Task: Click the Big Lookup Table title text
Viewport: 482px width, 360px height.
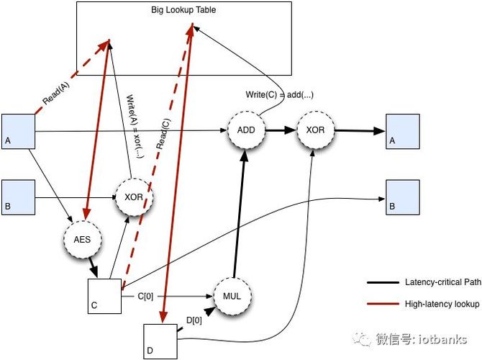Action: point(183,10)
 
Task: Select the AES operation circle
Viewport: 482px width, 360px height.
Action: point(83,239)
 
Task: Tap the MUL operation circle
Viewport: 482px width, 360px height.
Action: point(232,297)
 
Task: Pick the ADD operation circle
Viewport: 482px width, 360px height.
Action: point(246,130)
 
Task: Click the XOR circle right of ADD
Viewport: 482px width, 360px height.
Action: point(315,130)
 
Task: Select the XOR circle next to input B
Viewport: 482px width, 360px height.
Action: point(134,197)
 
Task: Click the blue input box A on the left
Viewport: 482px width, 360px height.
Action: point(19,132)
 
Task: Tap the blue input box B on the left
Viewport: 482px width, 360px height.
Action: point(19,197)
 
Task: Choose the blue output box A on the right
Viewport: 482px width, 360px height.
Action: point(403,132)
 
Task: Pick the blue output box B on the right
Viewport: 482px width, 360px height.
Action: point(403,197)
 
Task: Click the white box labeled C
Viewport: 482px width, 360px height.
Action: point(104,297)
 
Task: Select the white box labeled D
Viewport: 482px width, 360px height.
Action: point(160,341)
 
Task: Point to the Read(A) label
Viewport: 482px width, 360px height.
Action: point(56,93)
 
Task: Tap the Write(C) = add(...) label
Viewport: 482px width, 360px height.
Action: point(279,95)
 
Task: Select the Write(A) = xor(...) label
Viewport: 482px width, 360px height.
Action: point(135,127)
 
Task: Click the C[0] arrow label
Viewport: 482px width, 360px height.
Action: point(145,297)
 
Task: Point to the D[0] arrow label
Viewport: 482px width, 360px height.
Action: point(194,320)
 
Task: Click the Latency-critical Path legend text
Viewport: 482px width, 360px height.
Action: point(443,282)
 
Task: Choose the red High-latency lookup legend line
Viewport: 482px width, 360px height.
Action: point(383,304)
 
